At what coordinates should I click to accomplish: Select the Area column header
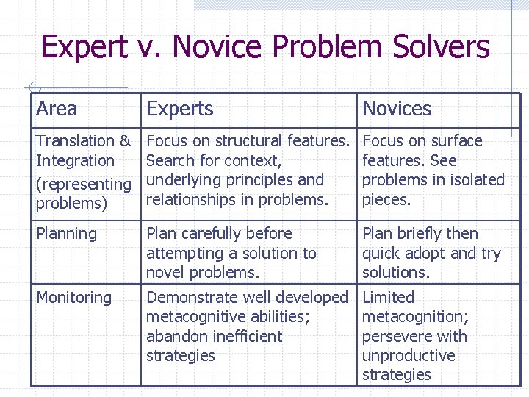(x=57, y=110)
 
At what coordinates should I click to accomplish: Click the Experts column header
(x=180, y=110)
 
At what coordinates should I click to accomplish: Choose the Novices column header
(x=397, y=110)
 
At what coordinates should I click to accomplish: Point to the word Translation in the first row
(x=76, y=140)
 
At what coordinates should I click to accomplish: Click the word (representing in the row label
(x=83, y=184)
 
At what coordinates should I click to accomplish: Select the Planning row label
(x=66, y=234)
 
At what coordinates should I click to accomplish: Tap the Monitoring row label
(x=73, y=298)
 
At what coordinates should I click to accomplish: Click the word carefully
(x=217, y=234)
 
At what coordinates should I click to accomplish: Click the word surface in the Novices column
(x=456, y=140)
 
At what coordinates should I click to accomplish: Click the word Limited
(x=388, y=298)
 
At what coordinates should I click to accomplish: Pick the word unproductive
(x=409, y=356)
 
